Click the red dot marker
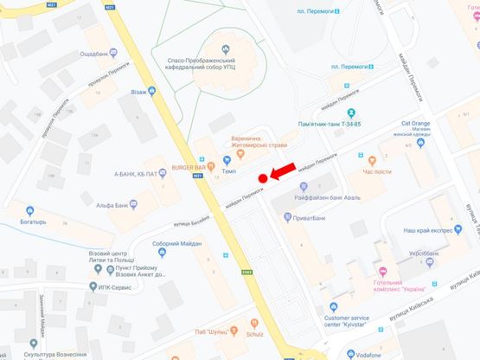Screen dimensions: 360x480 tap(262, 178)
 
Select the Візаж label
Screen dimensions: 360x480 tap(140, 91)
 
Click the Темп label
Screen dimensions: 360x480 tap(229, 170)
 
